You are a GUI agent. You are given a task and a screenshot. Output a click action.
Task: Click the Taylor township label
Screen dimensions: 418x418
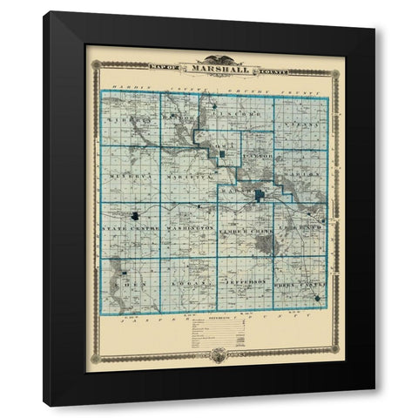[x=259, y=158]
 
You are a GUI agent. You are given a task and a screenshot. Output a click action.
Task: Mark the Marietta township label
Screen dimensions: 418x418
[x=185, y=175]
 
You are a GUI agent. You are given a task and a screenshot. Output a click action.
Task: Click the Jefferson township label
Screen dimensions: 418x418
[x=245, y=284]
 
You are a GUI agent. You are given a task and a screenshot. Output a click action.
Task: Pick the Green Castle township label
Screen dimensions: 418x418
[x=300, y=284]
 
